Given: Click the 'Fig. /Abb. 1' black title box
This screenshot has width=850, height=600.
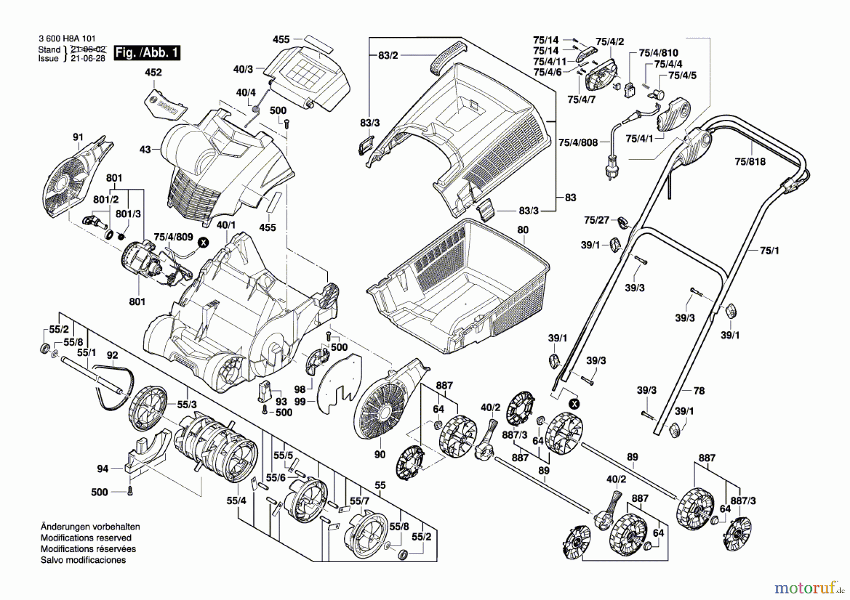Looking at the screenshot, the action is coord(147,52).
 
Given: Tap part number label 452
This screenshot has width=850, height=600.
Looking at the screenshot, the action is coord(153,72).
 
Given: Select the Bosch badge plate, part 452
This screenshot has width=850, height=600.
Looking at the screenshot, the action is coord(165,105).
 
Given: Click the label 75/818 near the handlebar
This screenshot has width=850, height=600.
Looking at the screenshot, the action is coord(750,161).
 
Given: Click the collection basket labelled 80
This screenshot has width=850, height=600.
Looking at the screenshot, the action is coord(458,286).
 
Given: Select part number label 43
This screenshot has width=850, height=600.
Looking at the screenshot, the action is coord(145,150).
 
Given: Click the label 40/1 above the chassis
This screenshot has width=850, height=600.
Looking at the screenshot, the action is coord(226,225).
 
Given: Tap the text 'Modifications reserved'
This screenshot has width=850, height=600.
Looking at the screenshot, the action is coord(86,538).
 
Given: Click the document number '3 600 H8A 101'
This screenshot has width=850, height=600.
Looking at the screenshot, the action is coord(67,39).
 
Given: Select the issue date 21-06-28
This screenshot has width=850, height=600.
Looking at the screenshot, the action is coord(88,59).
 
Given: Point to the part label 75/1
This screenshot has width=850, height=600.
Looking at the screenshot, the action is coord(769,250).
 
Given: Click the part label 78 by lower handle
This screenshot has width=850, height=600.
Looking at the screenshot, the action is coord(699,390).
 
